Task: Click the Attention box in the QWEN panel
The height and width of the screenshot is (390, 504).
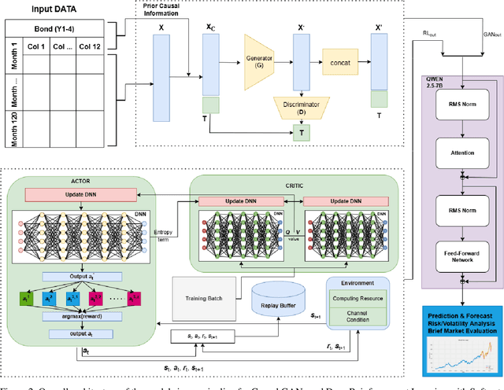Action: click(461, 154)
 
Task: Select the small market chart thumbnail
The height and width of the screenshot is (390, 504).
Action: click(461, 358)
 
